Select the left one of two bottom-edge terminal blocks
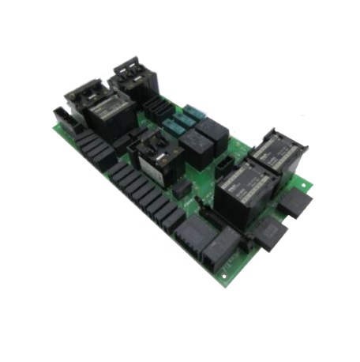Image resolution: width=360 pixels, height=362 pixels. pyautogui.click(x=194, y=233)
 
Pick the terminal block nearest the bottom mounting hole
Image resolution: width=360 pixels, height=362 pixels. pyautogui.click(x=222, y=247)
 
